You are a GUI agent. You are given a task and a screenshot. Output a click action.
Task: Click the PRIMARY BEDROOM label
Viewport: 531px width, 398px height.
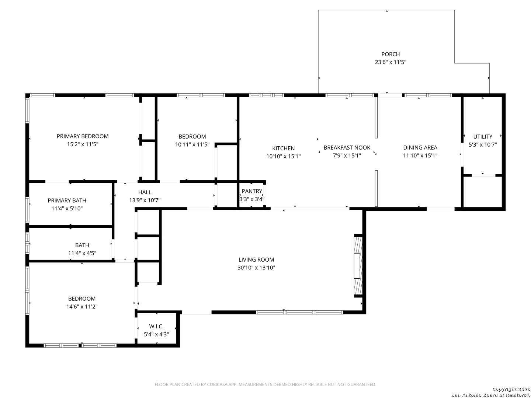tap(83, 136)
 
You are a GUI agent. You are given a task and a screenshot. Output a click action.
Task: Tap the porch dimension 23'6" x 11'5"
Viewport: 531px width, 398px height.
tap(390, 62)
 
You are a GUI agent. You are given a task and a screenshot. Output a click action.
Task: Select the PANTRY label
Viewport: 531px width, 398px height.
tap(252, 191)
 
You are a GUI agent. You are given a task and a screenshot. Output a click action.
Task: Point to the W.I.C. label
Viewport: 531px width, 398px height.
tap(156, 326)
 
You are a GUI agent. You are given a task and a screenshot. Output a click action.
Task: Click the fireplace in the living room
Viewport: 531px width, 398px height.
tap(358, 266)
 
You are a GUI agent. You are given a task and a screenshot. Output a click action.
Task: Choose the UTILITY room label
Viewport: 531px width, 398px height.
tap(483, 136)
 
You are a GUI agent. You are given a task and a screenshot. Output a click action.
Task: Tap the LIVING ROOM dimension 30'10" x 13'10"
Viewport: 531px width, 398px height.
tap(256, 268)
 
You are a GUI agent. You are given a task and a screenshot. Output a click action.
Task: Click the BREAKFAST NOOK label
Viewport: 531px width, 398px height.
tap(347, 147)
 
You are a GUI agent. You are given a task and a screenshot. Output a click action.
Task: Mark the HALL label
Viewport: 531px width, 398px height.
tap(145, 192)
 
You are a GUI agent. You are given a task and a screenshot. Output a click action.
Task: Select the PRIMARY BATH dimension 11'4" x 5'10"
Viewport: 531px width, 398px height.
tap(67, 208)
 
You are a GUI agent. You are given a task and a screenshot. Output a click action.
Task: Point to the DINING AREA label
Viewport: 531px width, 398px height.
tap(420, 147)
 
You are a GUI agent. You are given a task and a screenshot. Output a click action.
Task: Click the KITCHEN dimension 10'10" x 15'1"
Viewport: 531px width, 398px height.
tap(283, 156)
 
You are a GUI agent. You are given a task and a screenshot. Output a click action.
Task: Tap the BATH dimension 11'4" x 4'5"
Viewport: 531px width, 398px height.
tap(82, 253)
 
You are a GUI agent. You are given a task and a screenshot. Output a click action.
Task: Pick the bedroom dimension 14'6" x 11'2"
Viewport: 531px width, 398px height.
tap(82, 306)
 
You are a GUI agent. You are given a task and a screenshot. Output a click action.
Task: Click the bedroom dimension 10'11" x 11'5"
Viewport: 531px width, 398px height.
tap(192, 144)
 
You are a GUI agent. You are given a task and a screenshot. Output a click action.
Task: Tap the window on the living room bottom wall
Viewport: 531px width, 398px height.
tap(299, 312)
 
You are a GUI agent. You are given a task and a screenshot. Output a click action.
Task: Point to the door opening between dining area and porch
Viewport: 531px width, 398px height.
tap(390, 95)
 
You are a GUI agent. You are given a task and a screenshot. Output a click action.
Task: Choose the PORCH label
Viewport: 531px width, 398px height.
tap(391, 54)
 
